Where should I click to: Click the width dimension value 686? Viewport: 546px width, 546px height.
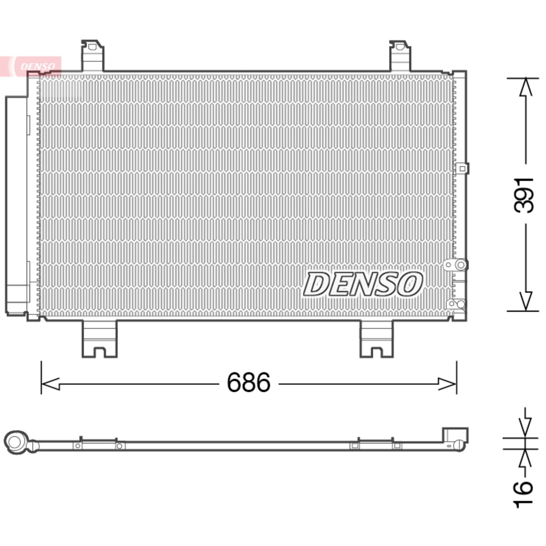tap(248, 382)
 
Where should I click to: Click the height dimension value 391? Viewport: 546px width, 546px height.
tap(524, 196)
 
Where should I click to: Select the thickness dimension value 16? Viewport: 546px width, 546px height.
tap(523, 494)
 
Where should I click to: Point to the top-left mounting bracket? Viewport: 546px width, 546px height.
tap(92, 56)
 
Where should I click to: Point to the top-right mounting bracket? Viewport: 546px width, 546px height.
tap(400, 56)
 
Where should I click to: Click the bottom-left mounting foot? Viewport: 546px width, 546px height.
tap(100, 339)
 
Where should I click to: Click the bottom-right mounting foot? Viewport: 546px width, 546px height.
tap(377, 339)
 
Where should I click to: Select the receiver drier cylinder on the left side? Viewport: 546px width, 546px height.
tap(17, 205)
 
